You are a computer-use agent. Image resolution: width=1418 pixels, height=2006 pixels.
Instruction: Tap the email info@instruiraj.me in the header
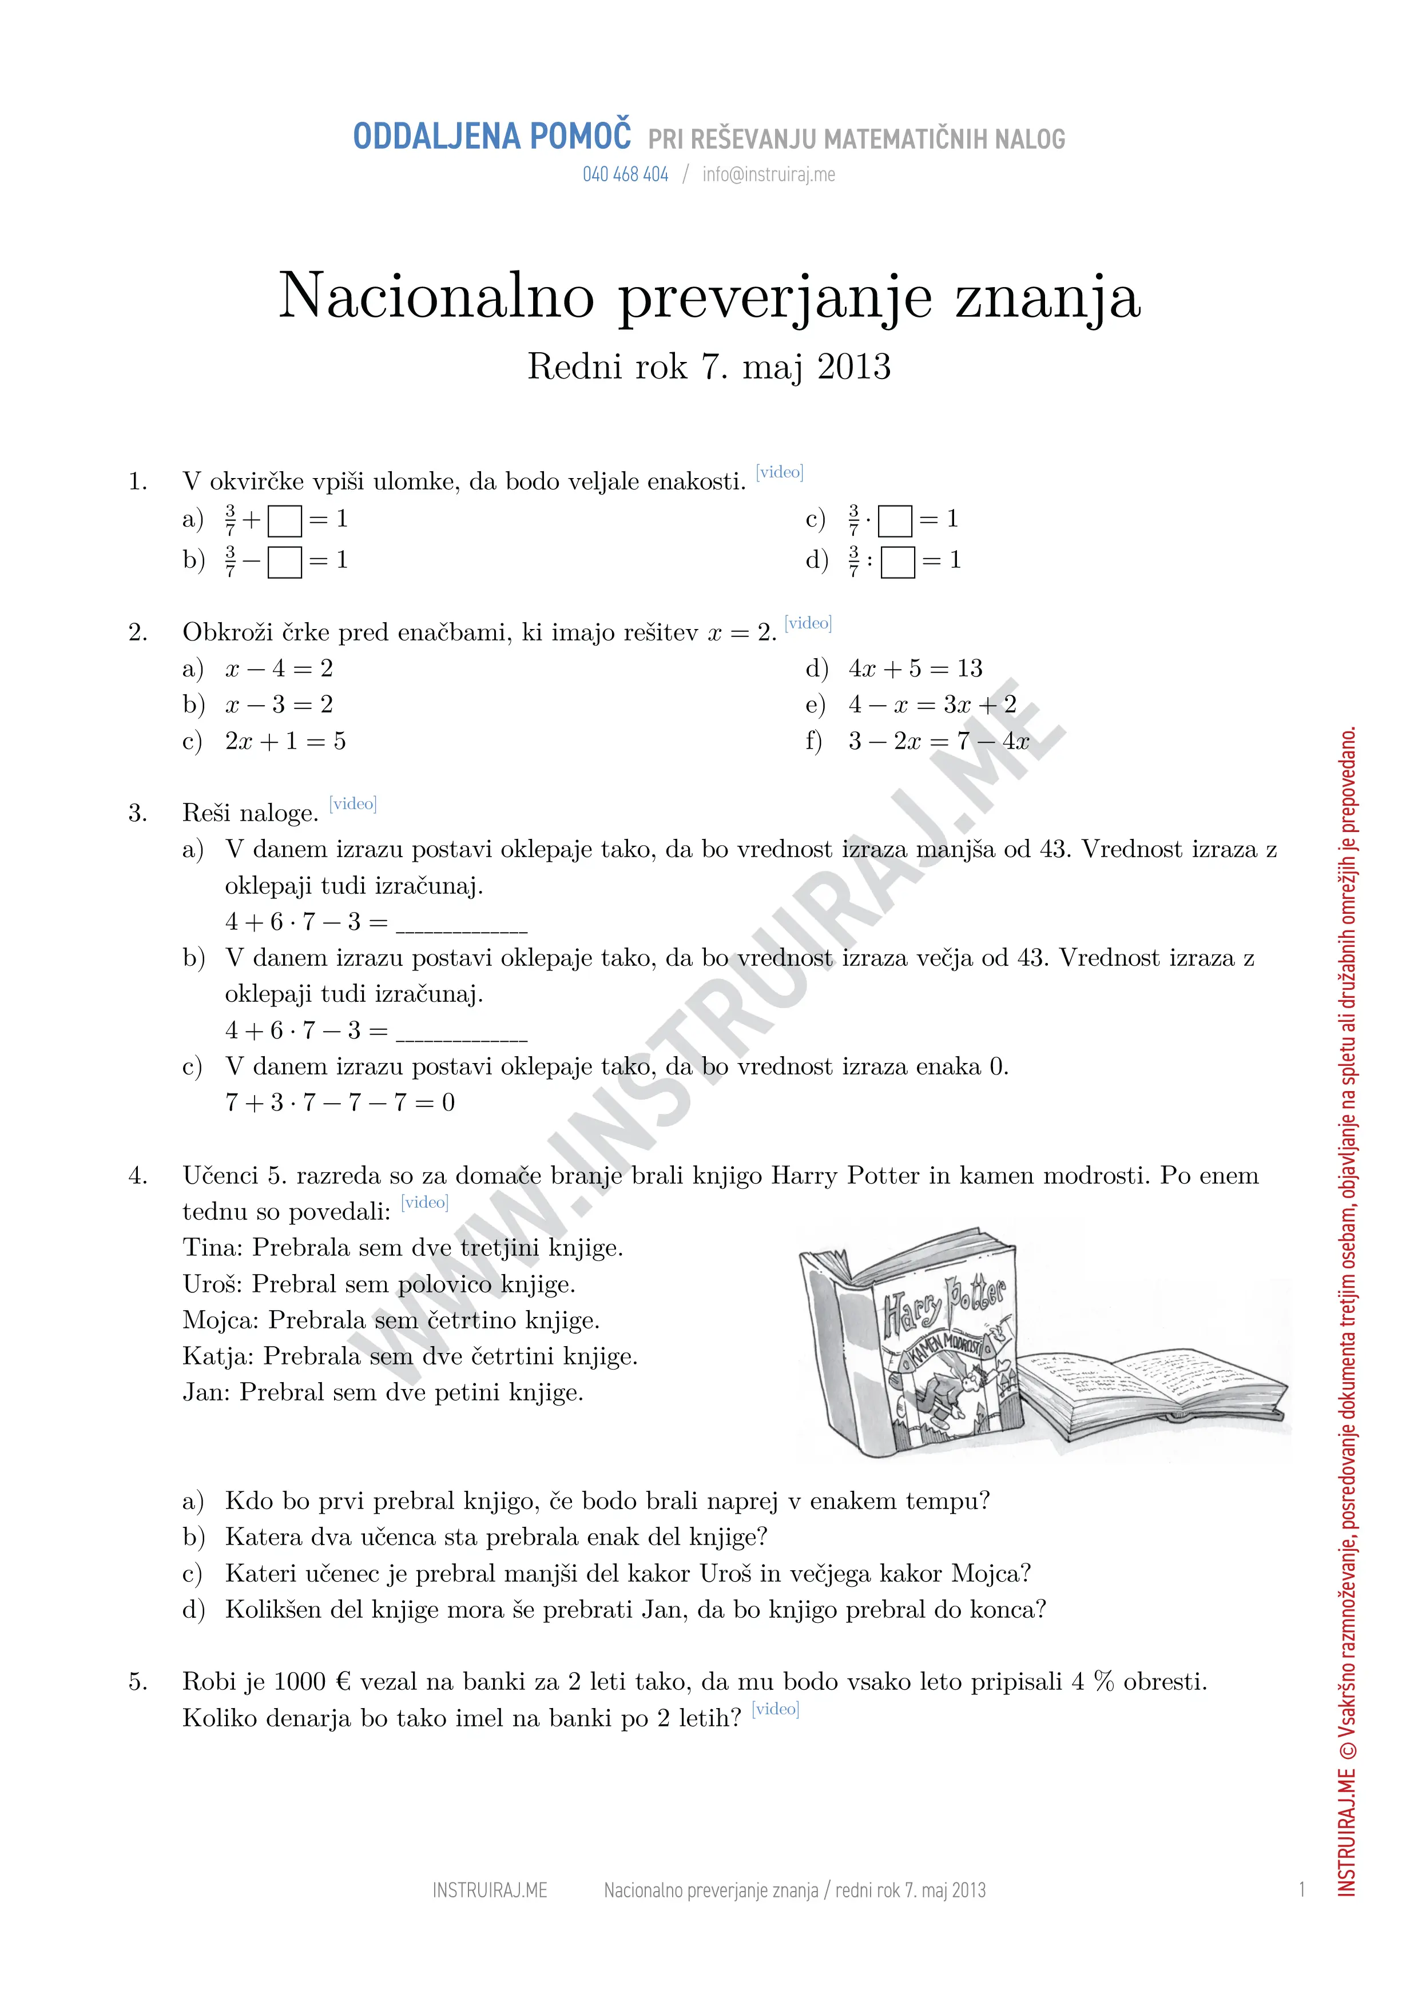tap(768, 175)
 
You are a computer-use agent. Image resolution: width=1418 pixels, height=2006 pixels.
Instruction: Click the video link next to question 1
tap(779, 473)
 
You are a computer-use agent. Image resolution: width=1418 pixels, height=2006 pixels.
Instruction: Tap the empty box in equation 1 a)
tap(285, 522)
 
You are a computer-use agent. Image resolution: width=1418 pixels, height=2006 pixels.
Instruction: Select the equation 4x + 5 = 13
tap(915, 668)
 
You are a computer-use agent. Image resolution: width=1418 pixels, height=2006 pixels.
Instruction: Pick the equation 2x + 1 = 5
tap(285, 741)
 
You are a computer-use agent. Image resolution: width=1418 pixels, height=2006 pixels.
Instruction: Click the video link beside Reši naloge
tap(353, 804)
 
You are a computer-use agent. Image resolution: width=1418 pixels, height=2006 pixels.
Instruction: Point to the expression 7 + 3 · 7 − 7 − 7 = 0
tap(340, 1102)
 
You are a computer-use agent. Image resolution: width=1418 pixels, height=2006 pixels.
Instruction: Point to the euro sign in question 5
tap(343, 1682)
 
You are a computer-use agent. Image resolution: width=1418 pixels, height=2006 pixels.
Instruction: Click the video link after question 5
tap(775, 1710)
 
